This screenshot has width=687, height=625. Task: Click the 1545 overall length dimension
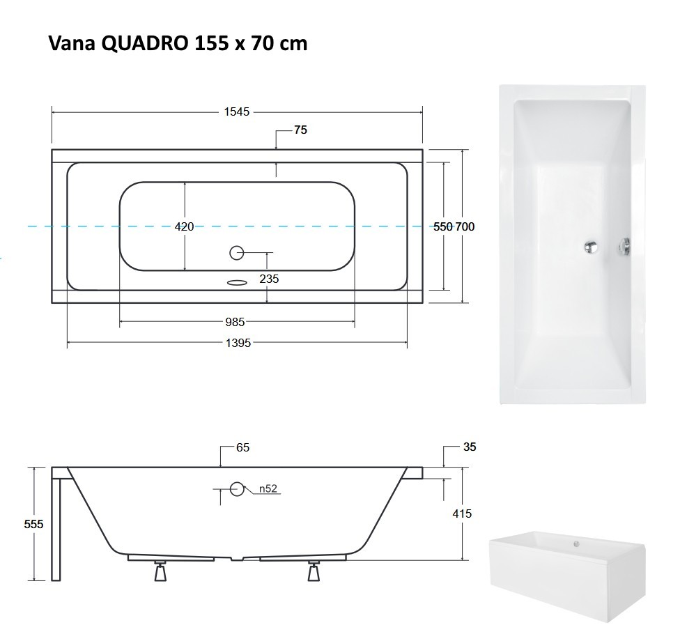pos(236,111)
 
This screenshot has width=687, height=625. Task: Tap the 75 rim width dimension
pos(300,130)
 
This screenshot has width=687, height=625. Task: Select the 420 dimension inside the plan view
pos(184,226)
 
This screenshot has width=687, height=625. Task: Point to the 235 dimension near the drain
pos(269,278)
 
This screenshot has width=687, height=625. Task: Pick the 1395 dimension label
pos(237,342)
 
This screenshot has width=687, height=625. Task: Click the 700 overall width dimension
pos(465,226)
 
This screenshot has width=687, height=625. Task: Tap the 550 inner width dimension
pos(443,226)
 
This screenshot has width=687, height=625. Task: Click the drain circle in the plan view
pos(237,253)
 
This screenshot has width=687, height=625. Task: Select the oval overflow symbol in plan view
pos(237,283)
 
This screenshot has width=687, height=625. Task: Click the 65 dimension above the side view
pos(242,447)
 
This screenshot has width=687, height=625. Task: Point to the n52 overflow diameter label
pos(268,488)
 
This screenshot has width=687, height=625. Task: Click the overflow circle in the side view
pos(237,488)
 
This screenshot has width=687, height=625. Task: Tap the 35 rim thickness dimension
pos(469,447)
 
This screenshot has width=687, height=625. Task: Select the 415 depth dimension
pos(462,514)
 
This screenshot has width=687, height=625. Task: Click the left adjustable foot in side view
pos(161,571)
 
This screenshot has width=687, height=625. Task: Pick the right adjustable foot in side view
pos(314,571)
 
